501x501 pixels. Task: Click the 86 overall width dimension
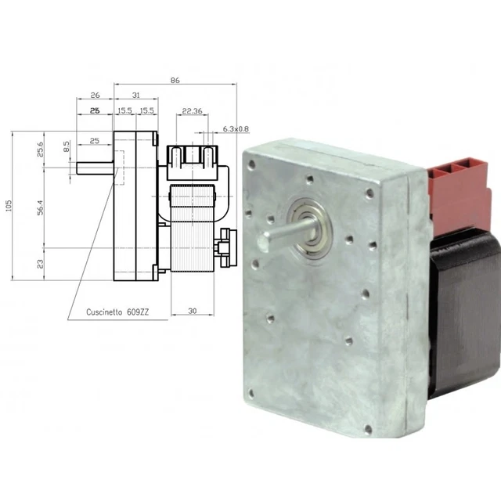click(x=175, y=80)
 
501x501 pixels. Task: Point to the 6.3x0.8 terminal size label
click(x=236, y=128)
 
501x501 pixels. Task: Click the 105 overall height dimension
click(x=9, y=206)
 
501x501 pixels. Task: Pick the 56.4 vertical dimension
click(x=41, y=208)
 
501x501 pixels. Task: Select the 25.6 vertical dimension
click(x=41, y=150)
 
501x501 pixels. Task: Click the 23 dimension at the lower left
click(x=41, y=264)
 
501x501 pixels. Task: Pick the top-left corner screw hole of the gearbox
click(x=251, y=165)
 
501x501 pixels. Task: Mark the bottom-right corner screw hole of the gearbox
click(x=368, y=429)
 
